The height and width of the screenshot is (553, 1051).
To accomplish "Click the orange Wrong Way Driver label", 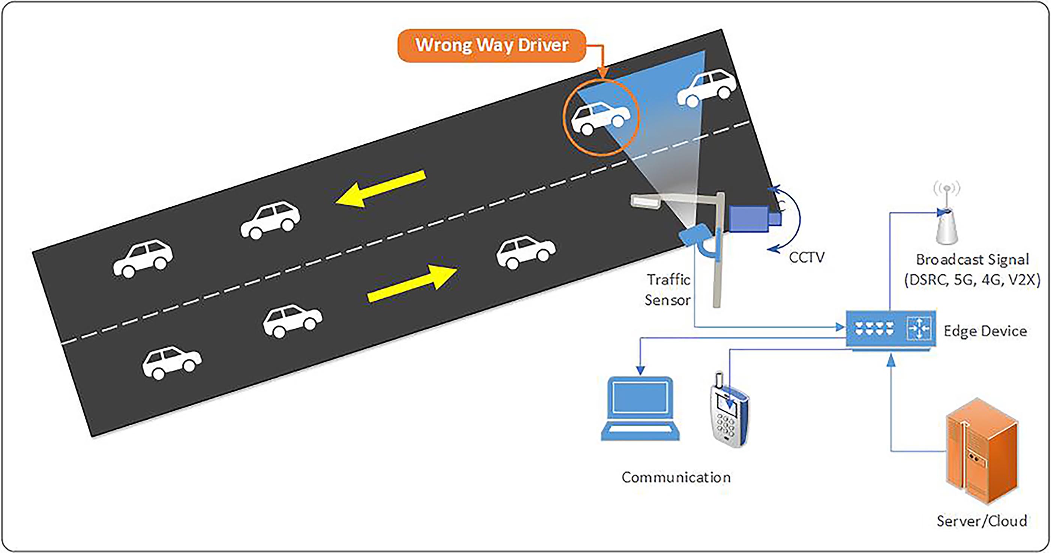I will click(492, 45).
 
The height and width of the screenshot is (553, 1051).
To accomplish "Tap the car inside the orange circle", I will click(600, 118).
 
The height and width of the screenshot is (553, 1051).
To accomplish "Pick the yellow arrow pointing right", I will click(412, 283).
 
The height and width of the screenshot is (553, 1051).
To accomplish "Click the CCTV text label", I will click(807, 258).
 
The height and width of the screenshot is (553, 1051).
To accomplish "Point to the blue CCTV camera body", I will click(749, 219).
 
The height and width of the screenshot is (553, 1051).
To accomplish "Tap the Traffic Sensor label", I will click(668, 290).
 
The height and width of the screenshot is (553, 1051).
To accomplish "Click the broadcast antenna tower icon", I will click(947, 221).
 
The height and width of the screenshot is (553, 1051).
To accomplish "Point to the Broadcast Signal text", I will click(973, 260).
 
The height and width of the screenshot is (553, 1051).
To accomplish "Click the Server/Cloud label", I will click(982, 521).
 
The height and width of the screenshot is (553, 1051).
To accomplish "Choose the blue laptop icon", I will click(640, 408).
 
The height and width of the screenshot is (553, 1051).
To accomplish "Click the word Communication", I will click(676, 477).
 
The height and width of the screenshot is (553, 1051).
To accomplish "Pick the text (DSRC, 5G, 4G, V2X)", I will click(973, 280).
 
